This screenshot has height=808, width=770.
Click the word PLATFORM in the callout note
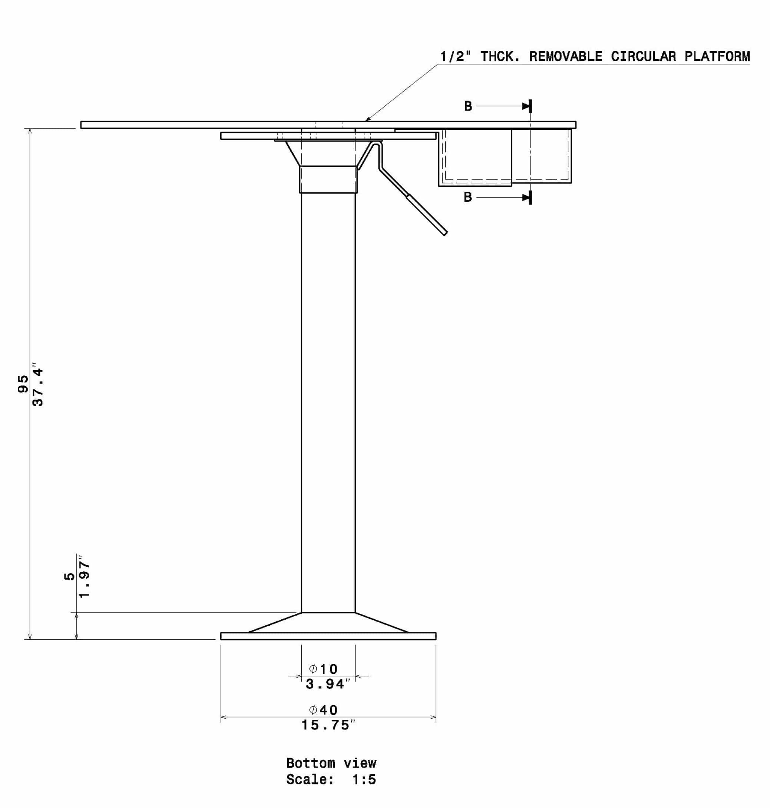point(717,56)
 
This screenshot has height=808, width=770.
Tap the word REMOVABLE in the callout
point(566,56)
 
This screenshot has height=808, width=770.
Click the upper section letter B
point(468,106)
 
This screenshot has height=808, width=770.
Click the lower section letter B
point(468,198)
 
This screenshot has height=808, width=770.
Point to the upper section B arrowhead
point(526,106)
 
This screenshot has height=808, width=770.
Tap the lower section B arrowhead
point(526,198)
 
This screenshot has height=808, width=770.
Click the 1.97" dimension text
point(84,577)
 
